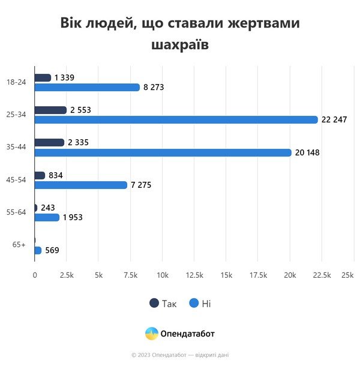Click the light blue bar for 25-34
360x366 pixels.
point(176,120)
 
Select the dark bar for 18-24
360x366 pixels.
point(43,77)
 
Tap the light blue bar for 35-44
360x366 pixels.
point(163,152)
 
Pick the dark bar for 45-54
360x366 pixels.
point(40,175)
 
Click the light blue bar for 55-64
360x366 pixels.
point(47,217)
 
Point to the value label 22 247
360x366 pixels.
point(334,120)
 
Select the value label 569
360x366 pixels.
point(52,250)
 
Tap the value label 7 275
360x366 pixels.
point(141,185)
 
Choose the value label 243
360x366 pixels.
point(48,208)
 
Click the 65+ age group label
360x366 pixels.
point(19,245)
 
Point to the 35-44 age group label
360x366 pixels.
point(16,147)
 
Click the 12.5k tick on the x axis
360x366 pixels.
point(194,275)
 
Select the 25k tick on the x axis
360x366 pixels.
point(347,275)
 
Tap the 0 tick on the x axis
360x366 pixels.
point(35,275)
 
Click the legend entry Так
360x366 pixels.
point(163,304)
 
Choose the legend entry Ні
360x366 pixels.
point(200,304)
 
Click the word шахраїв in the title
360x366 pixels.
point(180,45)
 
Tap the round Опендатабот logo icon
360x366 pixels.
point(151,334)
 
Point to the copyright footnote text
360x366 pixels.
point(180,355)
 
